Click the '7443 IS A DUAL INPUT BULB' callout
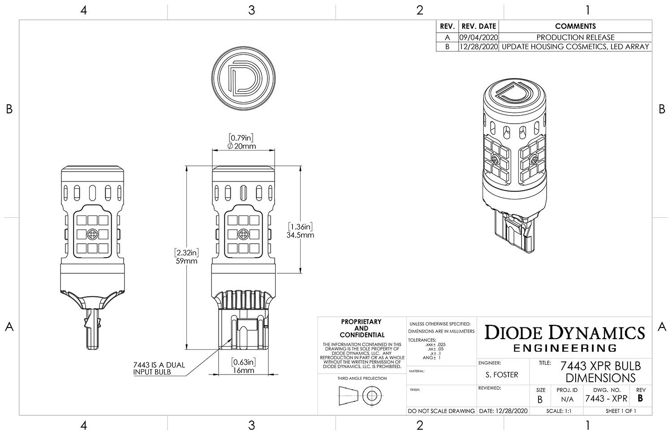[159, 368]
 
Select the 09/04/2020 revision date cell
[478, 37]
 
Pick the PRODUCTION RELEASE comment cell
[575, 37]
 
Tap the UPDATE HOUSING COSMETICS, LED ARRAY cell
[575, 47]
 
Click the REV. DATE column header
[478, 26]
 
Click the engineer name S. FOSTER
[502, 375]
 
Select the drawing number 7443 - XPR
[606, 398]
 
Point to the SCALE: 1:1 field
[559, 411]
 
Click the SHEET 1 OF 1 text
[620, 411]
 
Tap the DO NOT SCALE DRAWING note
[441, 411]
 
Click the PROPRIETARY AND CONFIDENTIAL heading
[361, 328]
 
